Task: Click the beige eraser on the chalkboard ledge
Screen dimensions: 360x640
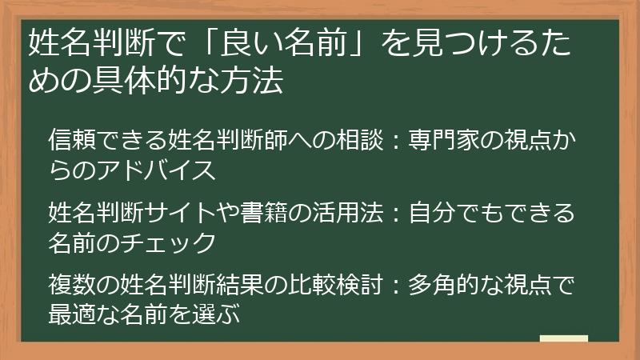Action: point(564,339)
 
